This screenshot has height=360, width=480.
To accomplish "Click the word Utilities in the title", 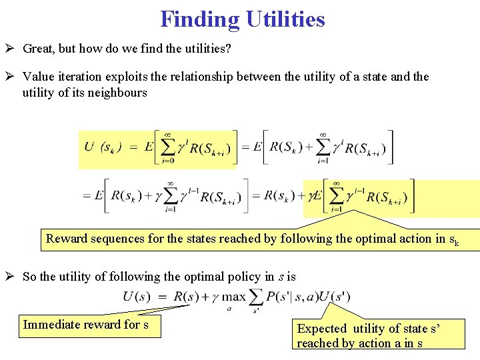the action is tap(285, 19).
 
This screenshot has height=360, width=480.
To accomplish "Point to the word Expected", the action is tap(322, 328).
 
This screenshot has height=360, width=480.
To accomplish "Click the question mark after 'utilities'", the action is tap(227, 49).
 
